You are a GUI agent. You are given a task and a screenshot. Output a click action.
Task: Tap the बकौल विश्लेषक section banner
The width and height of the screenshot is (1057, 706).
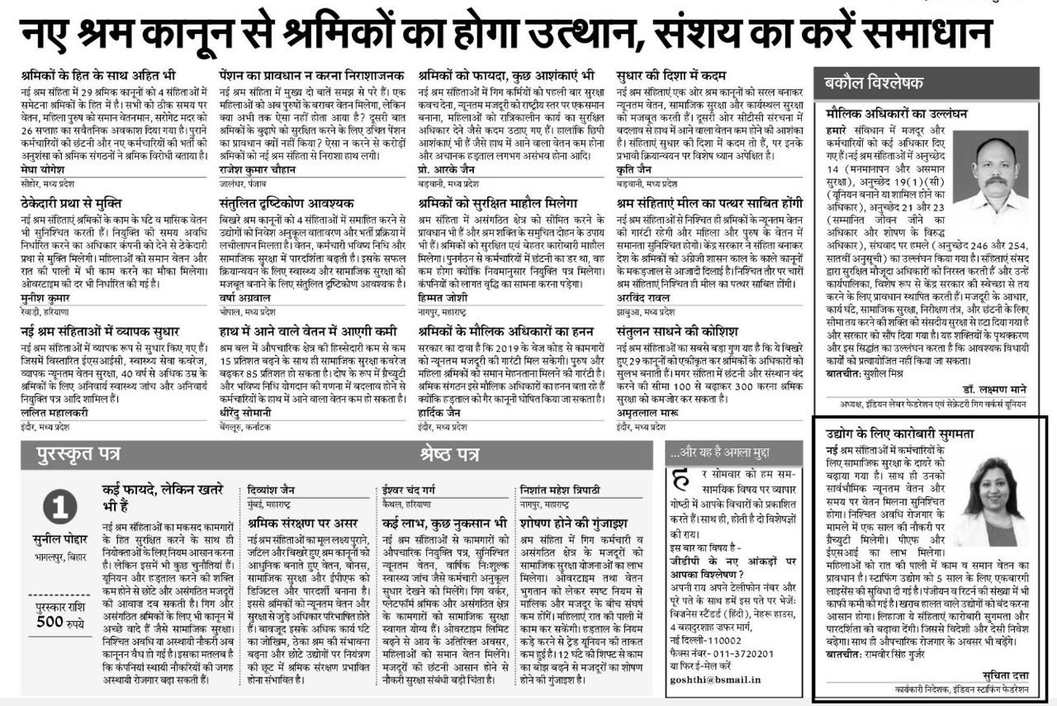[x=875, y=83]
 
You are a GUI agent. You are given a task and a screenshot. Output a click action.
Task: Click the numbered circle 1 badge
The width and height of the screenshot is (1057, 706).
[x=64, y=505]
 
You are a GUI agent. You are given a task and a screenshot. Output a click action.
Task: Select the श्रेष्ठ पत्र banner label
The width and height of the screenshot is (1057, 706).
[x=449, y=453]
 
